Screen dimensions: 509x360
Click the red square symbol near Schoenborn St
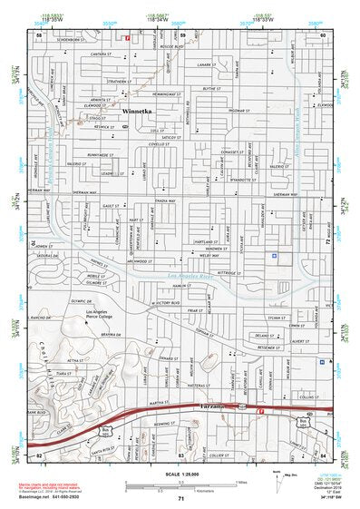pos(127,38)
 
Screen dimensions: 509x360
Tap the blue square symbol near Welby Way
pos(275,257)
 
